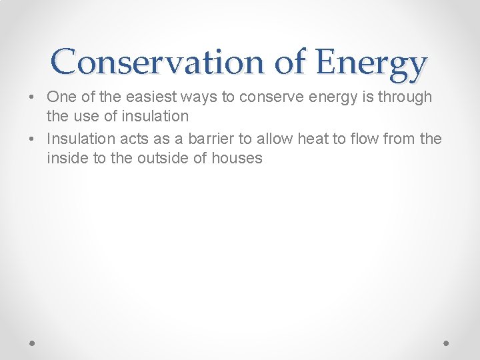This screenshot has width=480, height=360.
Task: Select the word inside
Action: (x=67, y=158)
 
